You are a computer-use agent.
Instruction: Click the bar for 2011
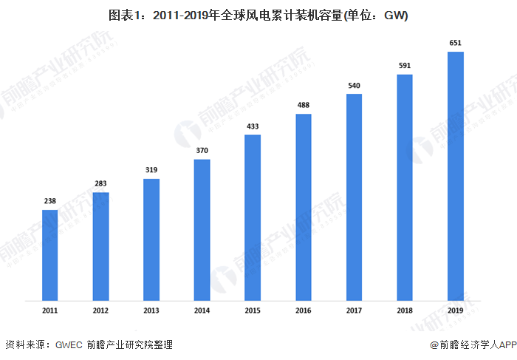tap(49, 255)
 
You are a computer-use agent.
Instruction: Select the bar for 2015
tap(253, 218)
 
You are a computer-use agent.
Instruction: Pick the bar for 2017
tap(354, 197)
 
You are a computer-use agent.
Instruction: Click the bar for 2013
tap(151, 240)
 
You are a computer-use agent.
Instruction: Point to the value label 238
tap(49, 201)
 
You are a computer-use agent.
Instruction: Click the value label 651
tap(455, 43)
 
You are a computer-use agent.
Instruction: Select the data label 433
tap(253, 126)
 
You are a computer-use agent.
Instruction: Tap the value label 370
tap(202, 151)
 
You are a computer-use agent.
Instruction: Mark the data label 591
tap(405, 66)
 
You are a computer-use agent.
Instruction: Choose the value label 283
tap(100, 183)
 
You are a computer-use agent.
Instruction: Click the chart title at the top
tap(258, 14)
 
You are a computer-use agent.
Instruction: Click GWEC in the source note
tap(69, 344)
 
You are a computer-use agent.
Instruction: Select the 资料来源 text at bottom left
tap(25, 344)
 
